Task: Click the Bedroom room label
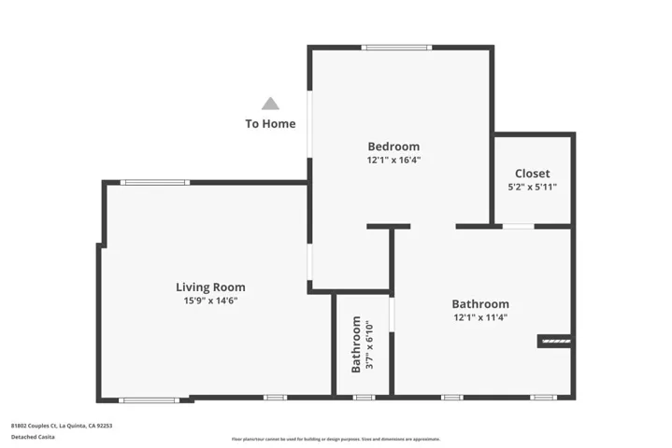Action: coord(393,147)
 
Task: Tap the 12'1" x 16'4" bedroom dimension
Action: coord(393,161)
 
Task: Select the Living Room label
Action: coord(210,287)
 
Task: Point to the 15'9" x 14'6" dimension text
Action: coord(210,301)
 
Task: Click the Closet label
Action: coord(532,174)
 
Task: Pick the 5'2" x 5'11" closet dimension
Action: coord(532,188)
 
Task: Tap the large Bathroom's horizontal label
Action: coord(480,303)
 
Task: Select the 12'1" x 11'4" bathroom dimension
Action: coord(480,317)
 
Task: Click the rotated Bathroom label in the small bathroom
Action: coord(356,344)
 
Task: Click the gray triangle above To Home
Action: coord(270,104)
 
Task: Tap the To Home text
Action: coord(270,123)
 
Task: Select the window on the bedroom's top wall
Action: coord(397,48)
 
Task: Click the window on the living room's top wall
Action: coord(155,182)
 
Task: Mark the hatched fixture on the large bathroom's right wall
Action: coord(555,342)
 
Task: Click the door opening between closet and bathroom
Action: coord(518,226)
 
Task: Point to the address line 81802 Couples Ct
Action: coord(62,425)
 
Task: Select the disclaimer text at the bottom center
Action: coord(336,439)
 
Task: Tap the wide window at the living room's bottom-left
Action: coord(149,400)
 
